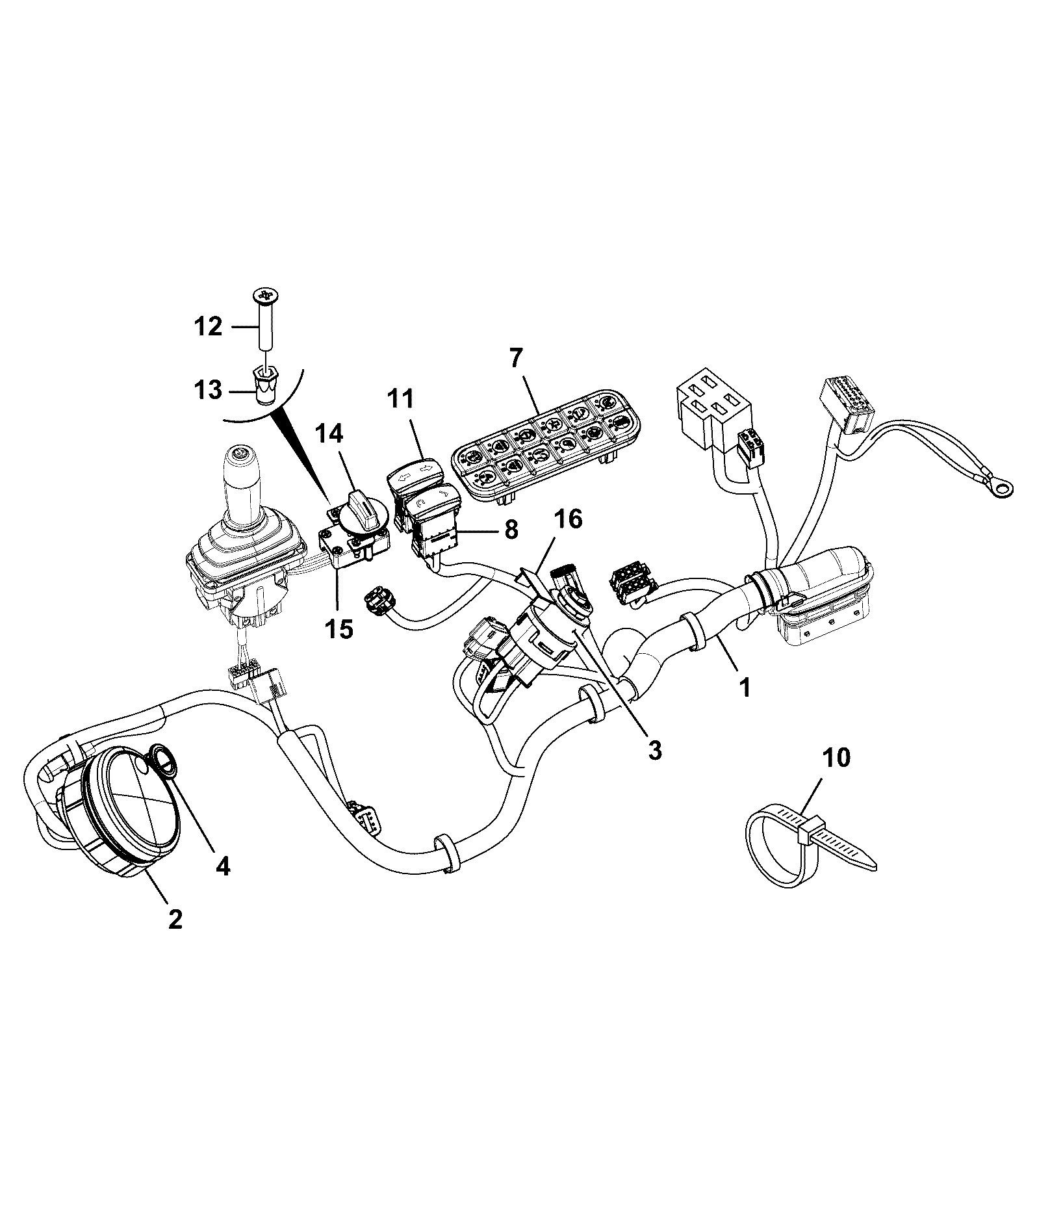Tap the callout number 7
click(516, 357)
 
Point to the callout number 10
click(836, 758)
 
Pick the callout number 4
click(223, 866)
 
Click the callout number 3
click(654, 750)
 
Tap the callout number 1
click(745, 687)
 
